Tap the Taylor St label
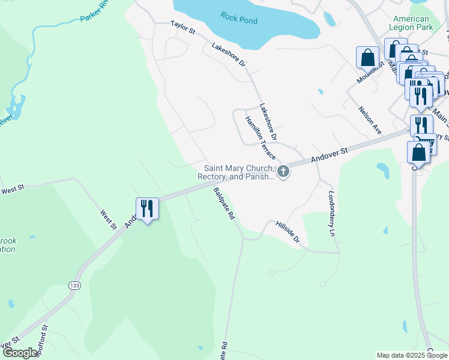pyautogui.click(x=183, y=26)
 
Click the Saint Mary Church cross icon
pyautogui.click(x=283, y=172)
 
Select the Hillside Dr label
pyautogui.click(x=288, y=231)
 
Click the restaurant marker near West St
pyautogui.click(x=147, y=209)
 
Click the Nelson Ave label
pyautogui.click(x=370, y=120)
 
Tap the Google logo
pyautogui.click(x=20, y=353)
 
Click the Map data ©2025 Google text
pyautogui.click(x=412, y=355)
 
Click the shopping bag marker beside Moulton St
pyautogui.click(x=368, y=58)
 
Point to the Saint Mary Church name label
pyautogui.click(x=239, y=172)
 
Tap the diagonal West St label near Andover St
pyautogui.click(x=108, y=220)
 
